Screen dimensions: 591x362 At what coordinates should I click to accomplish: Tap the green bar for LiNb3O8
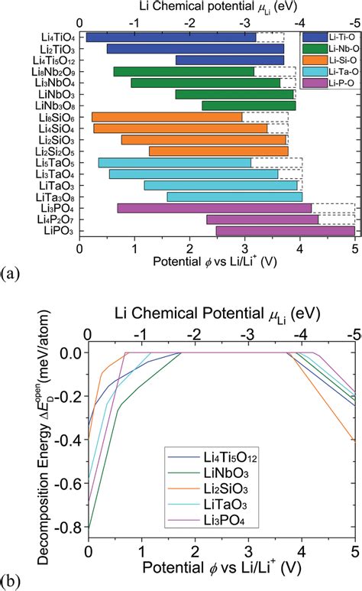[x=248, y=106]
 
